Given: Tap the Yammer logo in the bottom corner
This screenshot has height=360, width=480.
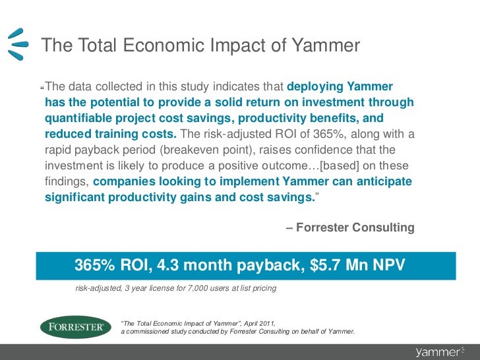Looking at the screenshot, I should (441, 351).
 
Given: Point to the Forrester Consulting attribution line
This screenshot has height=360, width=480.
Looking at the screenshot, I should (351, 227).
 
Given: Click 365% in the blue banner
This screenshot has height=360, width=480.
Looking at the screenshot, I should (96, 265).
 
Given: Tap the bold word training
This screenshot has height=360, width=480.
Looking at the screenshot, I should (109, 135).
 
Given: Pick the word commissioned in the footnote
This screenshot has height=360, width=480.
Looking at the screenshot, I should (157, 331).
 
